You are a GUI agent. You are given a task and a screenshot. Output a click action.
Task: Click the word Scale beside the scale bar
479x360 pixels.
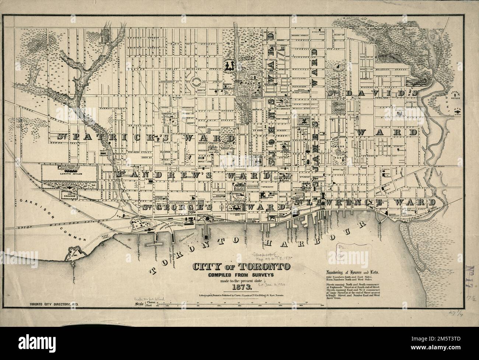[139, 304]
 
